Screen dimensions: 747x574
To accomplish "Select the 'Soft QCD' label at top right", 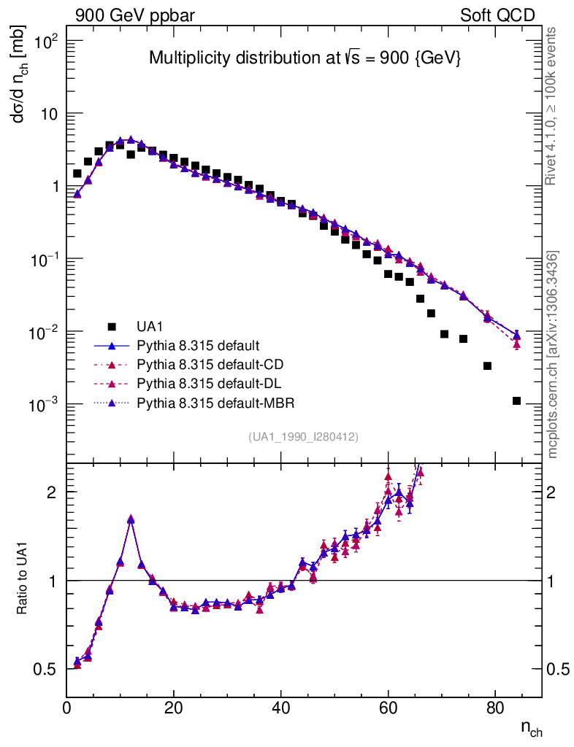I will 498,15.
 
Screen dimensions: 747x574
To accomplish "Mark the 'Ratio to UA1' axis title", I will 23,580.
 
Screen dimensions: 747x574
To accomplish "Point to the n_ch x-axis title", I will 531,728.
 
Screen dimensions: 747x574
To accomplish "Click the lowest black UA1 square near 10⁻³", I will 516,400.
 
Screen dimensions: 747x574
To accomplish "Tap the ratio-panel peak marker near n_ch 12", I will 131,519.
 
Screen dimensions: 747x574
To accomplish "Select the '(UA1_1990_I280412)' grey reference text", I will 303,436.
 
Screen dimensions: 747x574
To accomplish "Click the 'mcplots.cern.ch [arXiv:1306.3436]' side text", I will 554,355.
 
